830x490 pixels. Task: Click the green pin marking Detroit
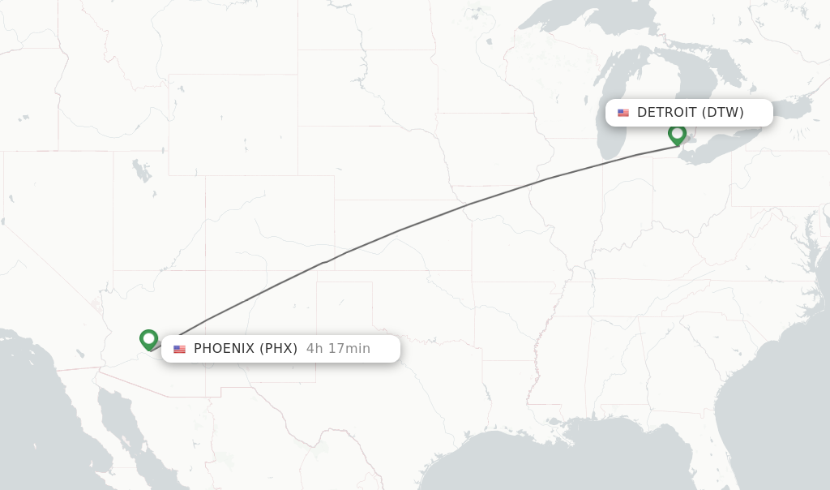click(677, 134)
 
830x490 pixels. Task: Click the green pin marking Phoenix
click(148, 339)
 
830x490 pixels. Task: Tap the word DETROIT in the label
click(666, 113)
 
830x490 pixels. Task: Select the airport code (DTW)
click(723, 113)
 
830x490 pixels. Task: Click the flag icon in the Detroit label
click(623, 113)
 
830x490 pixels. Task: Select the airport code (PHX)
click(278, 349)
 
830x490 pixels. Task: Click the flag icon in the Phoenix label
click(179, 349)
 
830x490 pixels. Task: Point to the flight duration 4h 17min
click(338, 349)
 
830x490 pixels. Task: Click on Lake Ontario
click(789, 105)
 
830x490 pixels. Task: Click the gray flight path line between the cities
click(397, 230)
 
